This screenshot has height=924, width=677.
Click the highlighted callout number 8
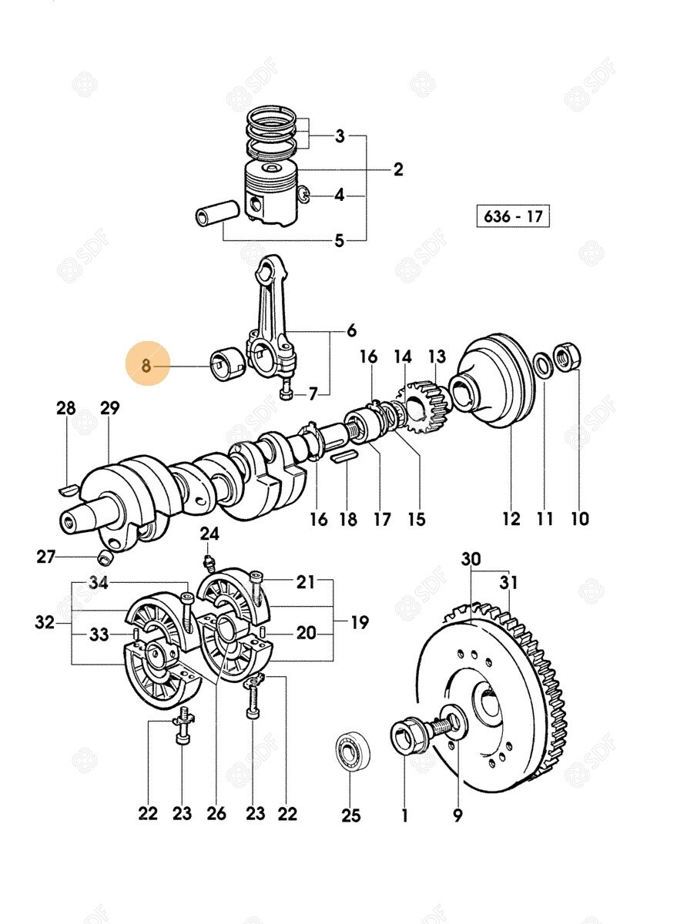tap(146, 367)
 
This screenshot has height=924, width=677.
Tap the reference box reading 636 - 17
tap(514, 216)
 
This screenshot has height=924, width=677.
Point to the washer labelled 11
tap(542, 364)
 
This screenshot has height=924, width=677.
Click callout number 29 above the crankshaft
tap(109, 408)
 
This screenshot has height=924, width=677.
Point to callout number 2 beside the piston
tap(397, 169)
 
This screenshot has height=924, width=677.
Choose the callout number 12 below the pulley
tap(511, 519)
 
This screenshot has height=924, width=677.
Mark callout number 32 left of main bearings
tap(45, 621)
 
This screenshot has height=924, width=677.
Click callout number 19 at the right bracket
tap(359, 621)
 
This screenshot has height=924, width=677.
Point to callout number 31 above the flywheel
tap(508, 583)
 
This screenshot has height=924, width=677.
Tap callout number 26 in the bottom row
tap(216, 812)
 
